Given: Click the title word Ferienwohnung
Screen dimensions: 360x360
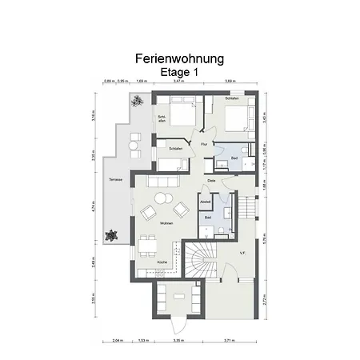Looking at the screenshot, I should pos(179,58).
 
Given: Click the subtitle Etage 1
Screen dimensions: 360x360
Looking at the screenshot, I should pos(179,71).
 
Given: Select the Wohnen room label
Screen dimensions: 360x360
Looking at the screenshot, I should pos(166,222).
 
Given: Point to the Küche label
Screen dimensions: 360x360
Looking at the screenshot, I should pos(162,262).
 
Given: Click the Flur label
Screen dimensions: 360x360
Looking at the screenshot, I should pos(205,144).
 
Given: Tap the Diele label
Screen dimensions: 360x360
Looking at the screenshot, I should pos(211,181).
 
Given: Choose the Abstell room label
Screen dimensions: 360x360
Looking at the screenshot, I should pos(205,202).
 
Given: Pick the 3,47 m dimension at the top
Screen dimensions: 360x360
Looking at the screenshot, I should pos(178,82).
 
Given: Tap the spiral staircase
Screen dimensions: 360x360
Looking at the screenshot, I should pos(199,259).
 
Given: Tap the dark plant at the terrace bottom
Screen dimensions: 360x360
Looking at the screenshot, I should pos(110,236).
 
